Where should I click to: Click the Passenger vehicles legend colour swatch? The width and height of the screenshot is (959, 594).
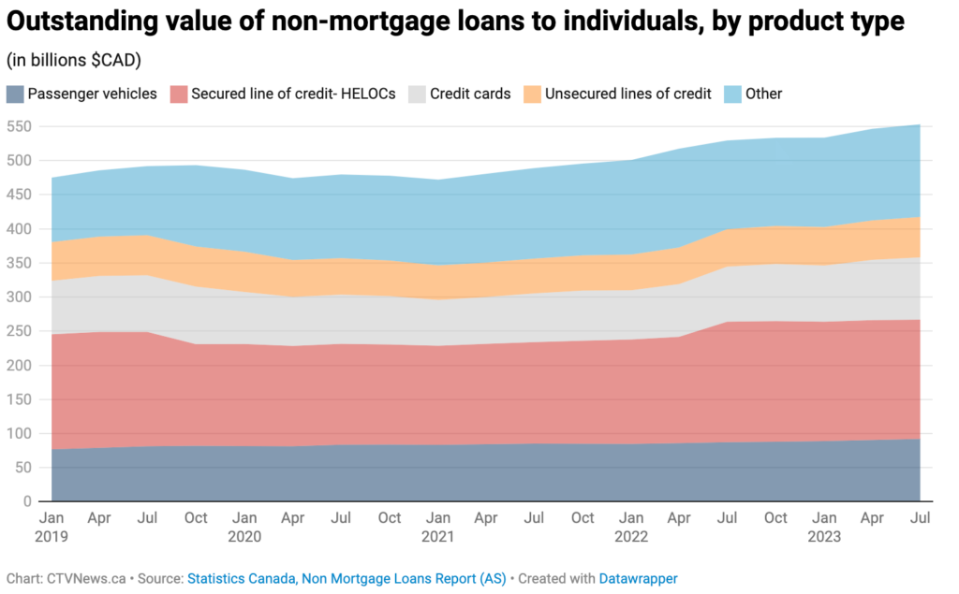(15, 94)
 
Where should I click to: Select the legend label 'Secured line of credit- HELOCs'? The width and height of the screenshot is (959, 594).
(293, 94)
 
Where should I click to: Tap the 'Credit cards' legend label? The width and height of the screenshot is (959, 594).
(470, 94)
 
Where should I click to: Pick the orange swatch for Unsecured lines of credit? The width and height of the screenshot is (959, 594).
(531, 94)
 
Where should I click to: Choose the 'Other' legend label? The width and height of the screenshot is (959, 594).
(763, 94)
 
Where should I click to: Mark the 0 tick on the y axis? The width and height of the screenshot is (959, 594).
(27, 501)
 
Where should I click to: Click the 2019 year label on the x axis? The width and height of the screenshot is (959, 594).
(52, 537)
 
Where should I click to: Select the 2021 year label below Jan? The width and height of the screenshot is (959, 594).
(437, 537)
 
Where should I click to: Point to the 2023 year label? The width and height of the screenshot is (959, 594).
(823, 537)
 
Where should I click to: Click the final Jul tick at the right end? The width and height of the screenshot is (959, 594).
(920, 517)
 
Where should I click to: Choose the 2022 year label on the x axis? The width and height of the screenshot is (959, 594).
(630, 537)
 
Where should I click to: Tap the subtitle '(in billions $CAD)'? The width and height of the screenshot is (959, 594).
(73, 61)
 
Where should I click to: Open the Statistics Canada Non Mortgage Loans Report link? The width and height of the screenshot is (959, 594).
(347, 579)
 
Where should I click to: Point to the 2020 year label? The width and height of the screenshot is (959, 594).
(244, 537)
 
